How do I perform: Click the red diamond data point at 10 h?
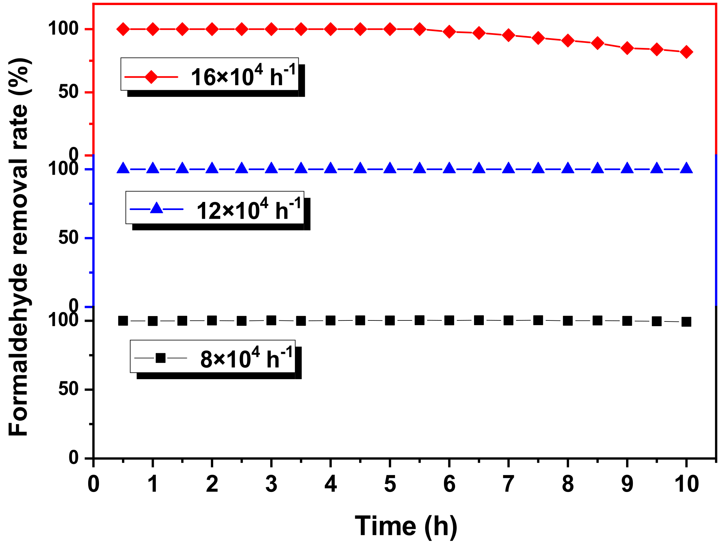click(686, 52)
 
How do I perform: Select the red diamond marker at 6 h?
click(449, 32)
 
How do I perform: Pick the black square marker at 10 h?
click(686, 321)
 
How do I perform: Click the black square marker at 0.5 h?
click(123, 321)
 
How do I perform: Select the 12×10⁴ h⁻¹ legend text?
click(249, 210)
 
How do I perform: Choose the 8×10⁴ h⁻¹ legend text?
click(246, 358)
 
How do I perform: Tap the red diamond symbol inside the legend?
click(151, 77)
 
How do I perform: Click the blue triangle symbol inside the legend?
click(156, 208)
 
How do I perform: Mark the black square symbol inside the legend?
click(160, 358)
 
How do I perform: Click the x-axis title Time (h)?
click(406, 526)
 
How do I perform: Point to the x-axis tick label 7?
click(509, 484)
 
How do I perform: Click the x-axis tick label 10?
click(686, 484)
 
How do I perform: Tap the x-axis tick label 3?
click(271, 484)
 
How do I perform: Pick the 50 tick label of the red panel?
click(69, 92)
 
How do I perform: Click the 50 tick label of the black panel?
click(69, 389)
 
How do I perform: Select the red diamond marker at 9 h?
click(627, 48)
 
